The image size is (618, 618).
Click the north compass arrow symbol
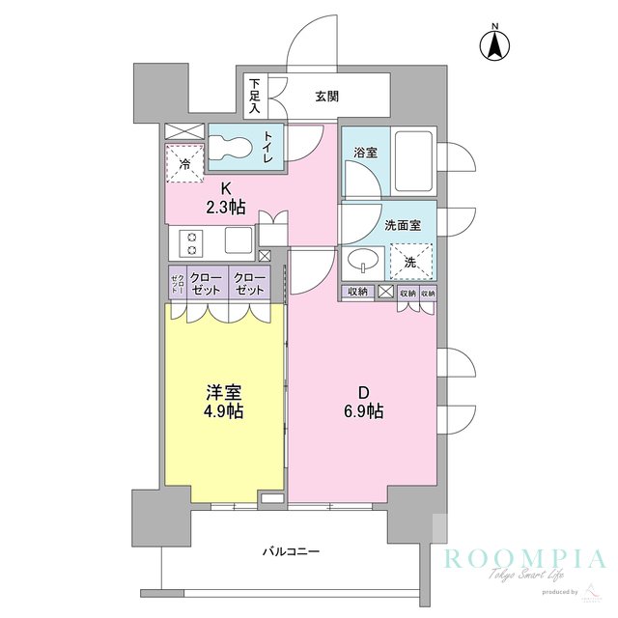(494, 44)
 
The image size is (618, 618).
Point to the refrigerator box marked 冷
(184, 163)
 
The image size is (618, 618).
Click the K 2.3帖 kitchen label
(225, 198)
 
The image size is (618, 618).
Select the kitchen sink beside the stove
(238, 239)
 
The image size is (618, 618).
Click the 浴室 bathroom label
(364, 152)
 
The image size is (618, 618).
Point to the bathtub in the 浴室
(412, 159)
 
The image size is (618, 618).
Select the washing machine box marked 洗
(410, 261)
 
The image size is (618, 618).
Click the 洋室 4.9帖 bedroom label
(223, 402)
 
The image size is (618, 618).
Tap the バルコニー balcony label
(291, 552)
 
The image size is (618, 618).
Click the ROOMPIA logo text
(524, 558)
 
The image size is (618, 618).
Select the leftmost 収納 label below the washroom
(355, 293)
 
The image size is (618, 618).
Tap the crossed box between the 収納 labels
(385, 293)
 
